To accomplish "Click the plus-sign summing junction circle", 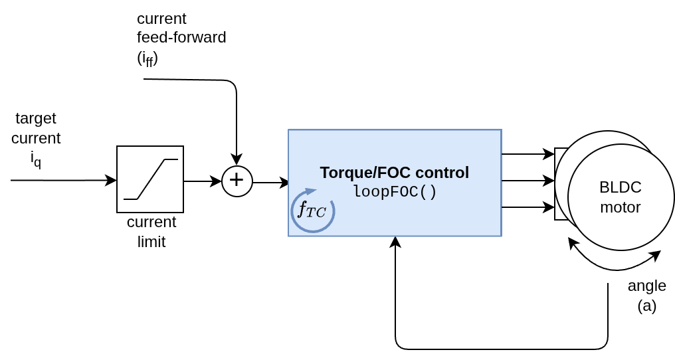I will point(237,181).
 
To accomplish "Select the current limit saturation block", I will point(150,179).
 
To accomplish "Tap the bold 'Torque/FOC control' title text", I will point(394,173).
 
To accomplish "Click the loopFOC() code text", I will point(394,192).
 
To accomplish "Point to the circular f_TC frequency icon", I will point(312,211).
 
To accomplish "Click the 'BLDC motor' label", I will point(620,197).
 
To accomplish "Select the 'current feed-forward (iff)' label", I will point(181,38).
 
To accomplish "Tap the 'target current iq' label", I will point(36,139).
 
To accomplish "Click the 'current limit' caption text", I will point(151,231).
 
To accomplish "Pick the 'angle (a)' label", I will point(646,295).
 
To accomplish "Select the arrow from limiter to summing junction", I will point(202,181).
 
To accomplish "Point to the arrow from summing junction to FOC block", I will point(271,183).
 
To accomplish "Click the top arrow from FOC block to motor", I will point(528,154).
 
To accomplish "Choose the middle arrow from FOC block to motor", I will point(528,181).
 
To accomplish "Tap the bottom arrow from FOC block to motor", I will point(528,207).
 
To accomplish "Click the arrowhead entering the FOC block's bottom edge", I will point(395,242).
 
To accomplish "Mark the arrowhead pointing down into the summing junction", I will point(237,160).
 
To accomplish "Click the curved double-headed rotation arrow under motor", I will point(615,265).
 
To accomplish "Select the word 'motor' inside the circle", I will point(620,207).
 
